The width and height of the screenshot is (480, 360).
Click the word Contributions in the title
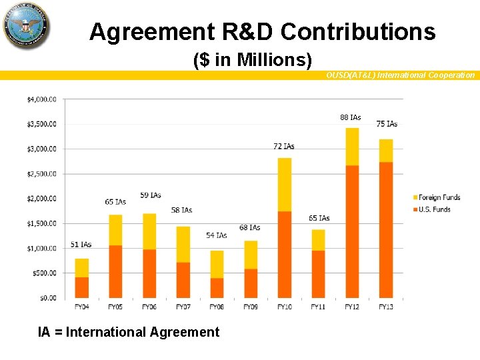point(358,31)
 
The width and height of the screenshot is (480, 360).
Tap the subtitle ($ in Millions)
point(253,60)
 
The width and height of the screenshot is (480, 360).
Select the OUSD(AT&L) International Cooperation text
point(400,75)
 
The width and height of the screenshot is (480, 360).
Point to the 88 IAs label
point(350,117)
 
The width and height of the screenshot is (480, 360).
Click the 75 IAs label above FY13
point(387,124)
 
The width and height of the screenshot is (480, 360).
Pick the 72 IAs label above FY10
point(284,146)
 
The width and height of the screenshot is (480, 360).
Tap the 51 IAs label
point(81,245)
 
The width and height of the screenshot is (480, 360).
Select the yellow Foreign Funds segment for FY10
point(285,185)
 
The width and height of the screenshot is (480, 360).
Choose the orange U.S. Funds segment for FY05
point(115,271)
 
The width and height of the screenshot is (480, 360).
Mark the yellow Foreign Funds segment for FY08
point(217,264)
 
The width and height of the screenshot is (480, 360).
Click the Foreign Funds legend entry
point(437,197)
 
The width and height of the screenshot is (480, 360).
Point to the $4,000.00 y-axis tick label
point(41,99)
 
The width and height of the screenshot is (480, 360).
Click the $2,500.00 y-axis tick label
point(41,173)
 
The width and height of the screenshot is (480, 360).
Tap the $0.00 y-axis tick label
point(46,297)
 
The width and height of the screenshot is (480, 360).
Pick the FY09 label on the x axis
point(251,307)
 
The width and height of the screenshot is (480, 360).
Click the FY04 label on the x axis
point(81,307)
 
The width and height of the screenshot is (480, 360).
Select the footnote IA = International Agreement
point(128,332)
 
